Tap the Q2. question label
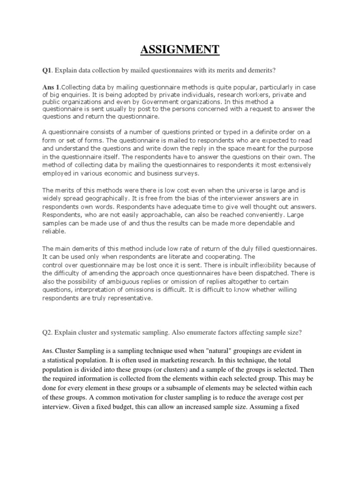point(48,332)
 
